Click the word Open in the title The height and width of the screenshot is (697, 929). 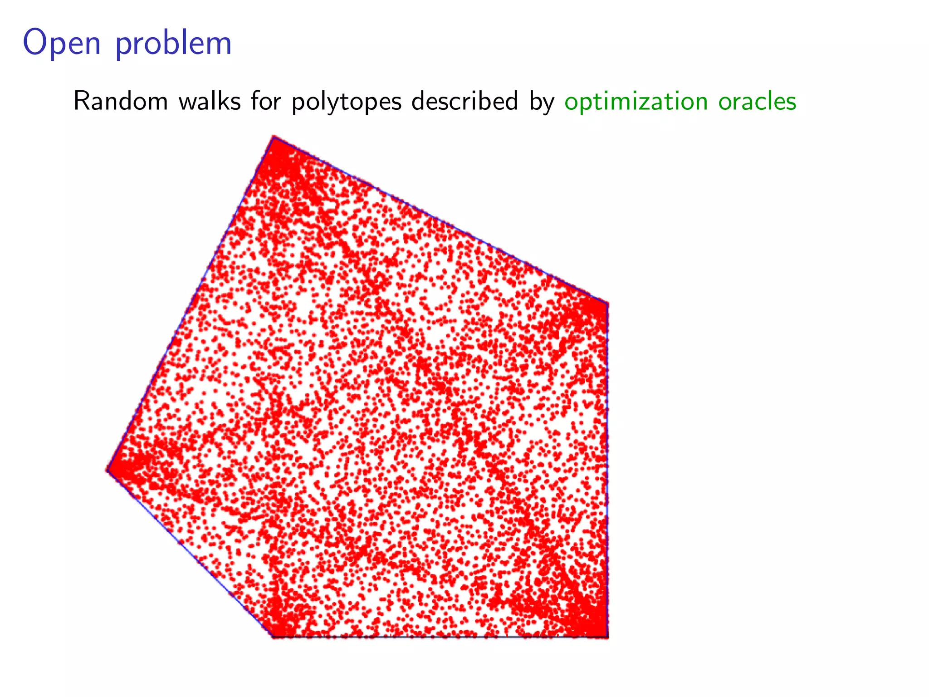tap(62, 44)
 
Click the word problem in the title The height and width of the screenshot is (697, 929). tap(174, 44)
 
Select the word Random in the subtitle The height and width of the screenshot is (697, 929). tap(121, 101)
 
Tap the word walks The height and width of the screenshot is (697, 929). tap(210, 101)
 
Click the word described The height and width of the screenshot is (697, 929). tap(465, 101)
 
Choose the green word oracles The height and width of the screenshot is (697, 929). tap(757, 101)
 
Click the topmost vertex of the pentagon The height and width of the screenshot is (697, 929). tap(274, 137)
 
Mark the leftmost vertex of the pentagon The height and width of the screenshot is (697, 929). tap(108, 470)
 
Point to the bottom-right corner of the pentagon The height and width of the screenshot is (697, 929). tap(607, 637)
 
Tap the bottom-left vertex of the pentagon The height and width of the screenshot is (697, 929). tap(272, 637)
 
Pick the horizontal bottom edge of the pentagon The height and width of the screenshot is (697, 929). tap(440, 637)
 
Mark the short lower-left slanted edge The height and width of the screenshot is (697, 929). tap(190, 554)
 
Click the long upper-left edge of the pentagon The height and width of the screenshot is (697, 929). tap(191, 303)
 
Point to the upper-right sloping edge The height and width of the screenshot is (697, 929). tap(440, 220)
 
